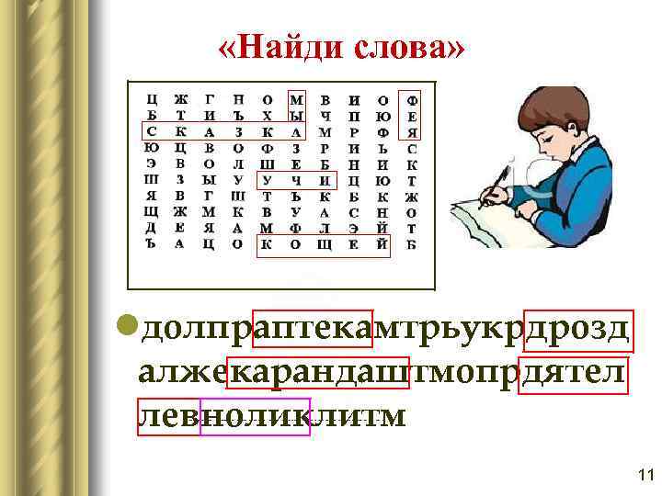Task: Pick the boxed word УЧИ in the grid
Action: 296,180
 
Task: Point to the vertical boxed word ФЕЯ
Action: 411,116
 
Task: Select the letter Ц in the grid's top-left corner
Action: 152,99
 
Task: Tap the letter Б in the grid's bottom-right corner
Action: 411,244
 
